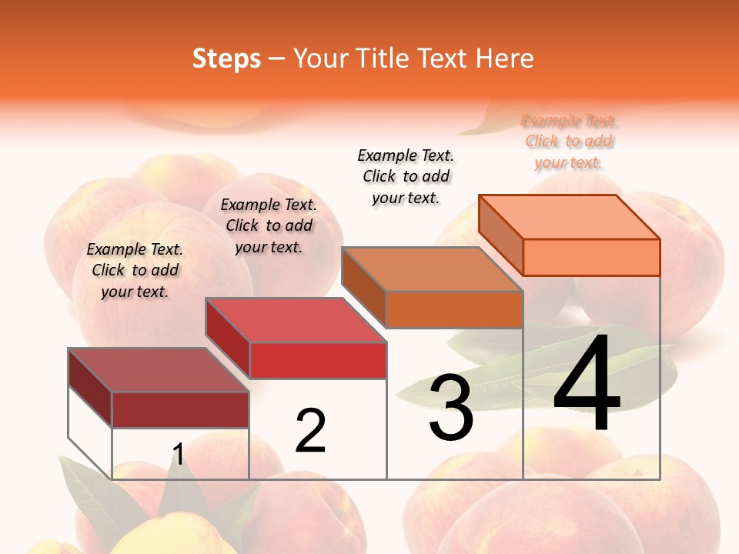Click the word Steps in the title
pyautogui.click(x=226, y=58)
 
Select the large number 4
pyautogui.click(x=587, y=385)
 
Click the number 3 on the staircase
pyautogui.click(x=451, y=408)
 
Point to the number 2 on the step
pyautogui.click(x=310, y=431)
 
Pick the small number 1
pyautogui.click(x=178, y=455)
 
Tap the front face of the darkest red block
pyautogui.click(x=180, y=409)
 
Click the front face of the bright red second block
pyautogui.click(x=318, y=360)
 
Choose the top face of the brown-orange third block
pyautogui.click(x=432, y=269)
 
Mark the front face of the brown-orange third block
pyautogui.click(x=454, y=309)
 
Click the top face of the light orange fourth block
pyautogui.click(x=569, y=217)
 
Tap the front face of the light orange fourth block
pyautogui.click(x=591, y=257)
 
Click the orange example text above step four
pyautogui.click(x=569, y=142)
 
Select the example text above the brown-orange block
pyautogui.click(x=406, y=176)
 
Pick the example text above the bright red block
pyautogui.click(x=269, y=225)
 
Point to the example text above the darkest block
pyautogui.click(x=135, y=270)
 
